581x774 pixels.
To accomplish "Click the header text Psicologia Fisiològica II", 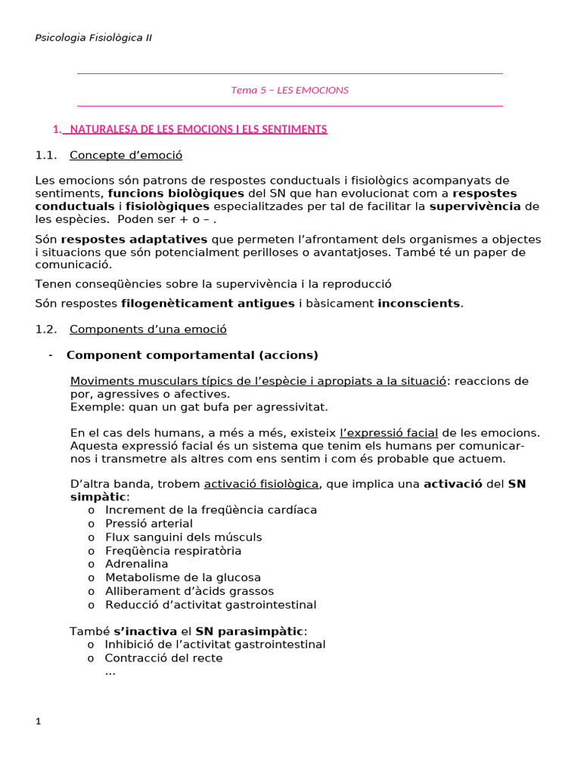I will pyautogui.click(x=93, y=38).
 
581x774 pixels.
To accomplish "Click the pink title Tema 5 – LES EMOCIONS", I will pyautogui.click(x=290, y=90).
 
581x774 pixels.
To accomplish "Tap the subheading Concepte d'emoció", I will pyautogui.click(x=126, y=156).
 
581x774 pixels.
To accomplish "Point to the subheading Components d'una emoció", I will pyautogui.click(x=148, y=330).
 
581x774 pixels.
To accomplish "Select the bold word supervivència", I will pyautogui.click(x=475, y=206).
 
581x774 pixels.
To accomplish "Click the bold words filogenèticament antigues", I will pyautogui.click(x=208, y=303).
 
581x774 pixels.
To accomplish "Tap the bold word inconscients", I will pyautogui.click(x=419, y=303).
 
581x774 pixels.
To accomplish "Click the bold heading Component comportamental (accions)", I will pyautogui.click(x=192, y=355).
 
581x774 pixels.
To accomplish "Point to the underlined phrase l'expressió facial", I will pyautogui.click(x=389, y=433).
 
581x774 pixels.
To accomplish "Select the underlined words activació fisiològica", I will pyautogui.click(x=262, y=484).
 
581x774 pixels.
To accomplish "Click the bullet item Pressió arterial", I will pyautogui.click(x=149, y=523).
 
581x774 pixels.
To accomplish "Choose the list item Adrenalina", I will pyautogui.click(x=137, y=564).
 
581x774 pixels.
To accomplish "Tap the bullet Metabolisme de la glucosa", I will pyautogui.click(x=182, y=577).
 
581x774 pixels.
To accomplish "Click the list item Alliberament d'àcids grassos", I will pyautogui.click(x=189, y=591).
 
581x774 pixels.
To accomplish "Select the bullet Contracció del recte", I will pyautogui.click(x=164, y=658).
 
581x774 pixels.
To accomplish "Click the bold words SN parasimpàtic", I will pyautogui.click(x=250, y=631).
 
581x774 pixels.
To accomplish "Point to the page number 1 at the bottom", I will pyautogui.click(x=38, y=722).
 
